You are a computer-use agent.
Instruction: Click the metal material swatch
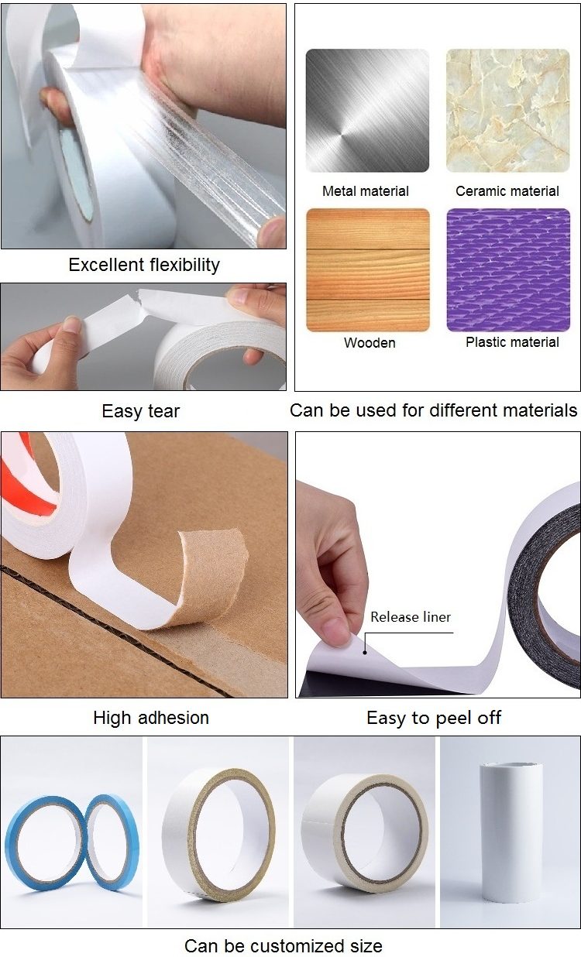click(x=366, y=111)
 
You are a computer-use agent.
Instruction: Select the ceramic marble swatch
click(x=507, y=111)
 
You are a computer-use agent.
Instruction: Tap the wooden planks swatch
click(x=367, y=269)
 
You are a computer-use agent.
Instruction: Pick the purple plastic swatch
click(x=507, y=269)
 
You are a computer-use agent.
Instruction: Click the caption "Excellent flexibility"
click(x=144, y=265)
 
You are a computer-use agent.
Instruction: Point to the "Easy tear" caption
click(x=140, y=410)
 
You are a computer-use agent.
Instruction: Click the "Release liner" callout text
click(x=410, y=617)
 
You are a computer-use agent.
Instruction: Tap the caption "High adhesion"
click(x=151, y=718)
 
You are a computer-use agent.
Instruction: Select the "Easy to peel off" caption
click(x=434, y=718)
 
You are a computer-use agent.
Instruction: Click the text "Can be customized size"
click(x=283, y=945)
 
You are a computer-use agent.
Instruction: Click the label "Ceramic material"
click(x=507, y=191)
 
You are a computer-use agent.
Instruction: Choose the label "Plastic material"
click(x=512, y=342)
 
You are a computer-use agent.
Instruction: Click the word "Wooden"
click(x=370, y=342)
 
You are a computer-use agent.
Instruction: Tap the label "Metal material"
click(x=366, y=191)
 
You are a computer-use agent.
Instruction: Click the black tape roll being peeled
click(x=546, y=588)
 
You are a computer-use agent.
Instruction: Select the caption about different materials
click(x=434, y=410)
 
